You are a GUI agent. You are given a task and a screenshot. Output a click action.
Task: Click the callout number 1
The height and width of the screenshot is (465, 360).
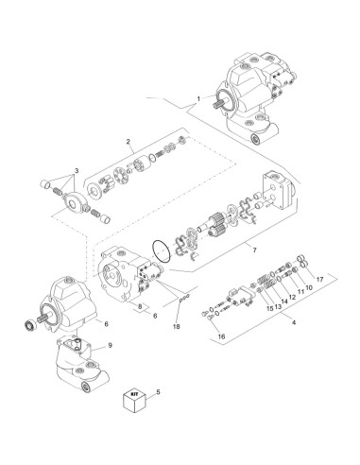click(198, 99)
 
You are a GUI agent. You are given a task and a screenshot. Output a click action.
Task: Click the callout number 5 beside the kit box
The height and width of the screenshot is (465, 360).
click(158, 390)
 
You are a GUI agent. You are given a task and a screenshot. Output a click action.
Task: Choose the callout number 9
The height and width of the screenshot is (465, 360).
click(111, 346)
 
